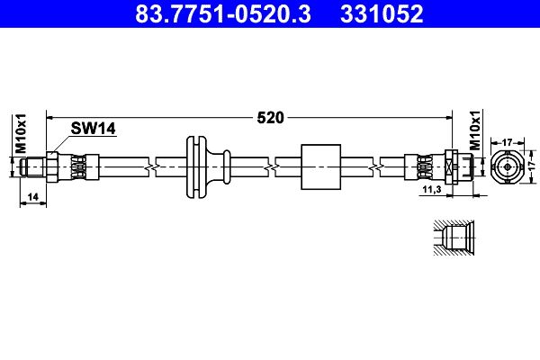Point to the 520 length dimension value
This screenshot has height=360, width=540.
(271, 117)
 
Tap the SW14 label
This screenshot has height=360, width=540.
(94, 130)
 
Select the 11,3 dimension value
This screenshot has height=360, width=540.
(431, 191)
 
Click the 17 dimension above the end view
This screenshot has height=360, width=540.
(507, 141)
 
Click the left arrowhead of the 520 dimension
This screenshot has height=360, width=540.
(50, 117)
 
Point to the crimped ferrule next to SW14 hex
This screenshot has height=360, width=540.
(77, 166)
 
